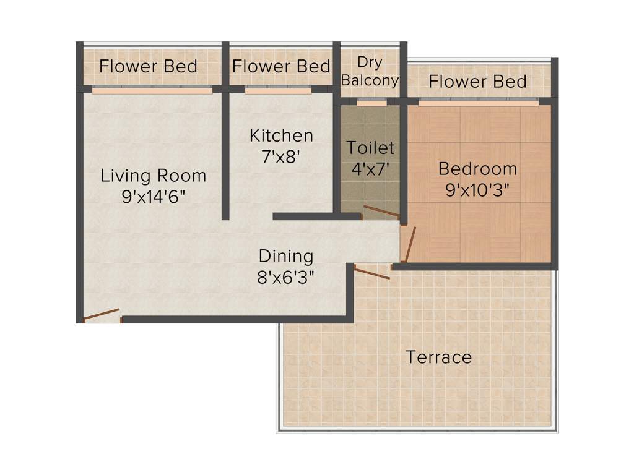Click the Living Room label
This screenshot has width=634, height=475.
coord(154,176)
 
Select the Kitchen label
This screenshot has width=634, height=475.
coord(281,135)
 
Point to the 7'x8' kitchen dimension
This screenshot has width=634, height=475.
coord(281,157)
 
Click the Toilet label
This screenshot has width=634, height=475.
coord(370,148)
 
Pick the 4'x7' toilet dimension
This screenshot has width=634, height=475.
coord(370,169)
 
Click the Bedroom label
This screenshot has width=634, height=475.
coord(477,169)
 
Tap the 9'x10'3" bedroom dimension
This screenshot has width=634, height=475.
coord(477,190)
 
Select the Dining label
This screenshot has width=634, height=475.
coord(286,256)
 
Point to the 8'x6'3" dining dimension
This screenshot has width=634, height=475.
coord(286,277)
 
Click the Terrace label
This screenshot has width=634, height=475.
coord(438,357)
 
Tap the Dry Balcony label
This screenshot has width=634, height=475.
coord(370,72)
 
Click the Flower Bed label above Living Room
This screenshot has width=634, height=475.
coord(149,67)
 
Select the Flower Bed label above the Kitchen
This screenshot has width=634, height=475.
coord(281,66)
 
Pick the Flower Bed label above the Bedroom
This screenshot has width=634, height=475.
coord(477,82)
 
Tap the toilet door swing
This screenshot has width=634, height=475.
coord(380,212)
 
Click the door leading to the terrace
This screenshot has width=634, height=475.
coord(372,272)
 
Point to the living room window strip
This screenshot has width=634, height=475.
coord(152,90)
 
